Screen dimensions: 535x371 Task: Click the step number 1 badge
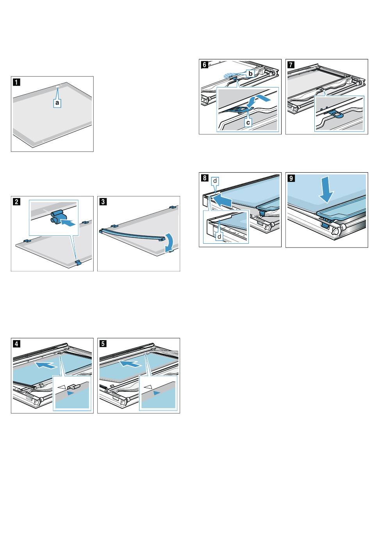(x=15, y=82)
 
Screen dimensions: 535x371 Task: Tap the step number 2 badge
(x=15, y=202)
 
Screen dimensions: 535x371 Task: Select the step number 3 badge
(x=102, y=202)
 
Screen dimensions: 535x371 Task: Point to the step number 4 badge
(x=15, y=344)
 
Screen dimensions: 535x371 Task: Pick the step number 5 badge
(x=102, y=344)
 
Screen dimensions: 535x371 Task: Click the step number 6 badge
(x=204, y=65)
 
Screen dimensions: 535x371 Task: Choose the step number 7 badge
(x=291, y=65)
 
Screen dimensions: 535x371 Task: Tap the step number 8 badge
(x=204, y=178)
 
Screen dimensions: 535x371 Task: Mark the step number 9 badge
(x=291, y=178)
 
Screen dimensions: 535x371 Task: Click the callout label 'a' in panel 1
(x=57, y=102)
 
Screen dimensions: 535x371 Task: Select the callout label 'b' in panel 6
(x=250, y=73)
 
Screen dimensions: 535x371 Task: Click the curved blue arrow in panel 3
(x=169, y=242)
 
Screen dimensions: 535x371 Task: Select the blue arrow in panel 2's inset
(x=68, y=224)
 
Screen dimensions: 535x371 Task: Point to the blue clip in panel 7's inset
(x=337, y=114)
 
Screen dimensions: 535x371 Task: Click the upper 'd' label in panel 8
(x=214, y=181)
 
